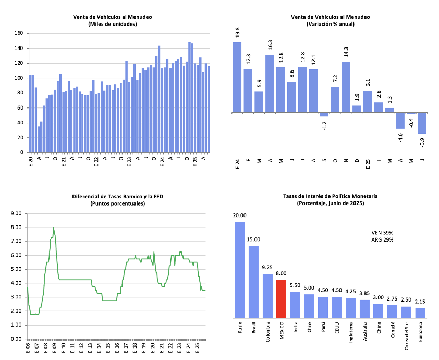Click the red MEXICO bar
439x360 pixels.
click(281, 299)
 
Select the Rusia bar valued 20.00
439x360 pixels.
click(240, 270)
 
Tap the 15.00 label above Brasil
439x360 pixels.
click(253, 240)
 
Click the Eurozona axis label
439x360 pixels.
click(421, 332)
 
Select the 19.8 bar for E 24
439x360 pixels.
click(237, 77)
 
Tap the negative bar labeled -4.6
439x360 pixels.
click(400, 121)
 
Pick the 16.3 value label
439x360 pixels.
click(270, 46)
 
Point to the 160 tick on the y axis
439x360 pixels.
click(18, 33)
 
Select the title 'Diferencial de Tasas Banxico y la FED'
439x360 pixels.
click(113, 197)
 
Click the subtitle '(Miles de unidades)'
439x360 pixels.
click(113, 24)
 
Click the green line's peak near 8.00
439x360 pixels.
click(53, 228)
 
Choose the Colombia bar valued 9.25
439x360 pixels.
click(267, 296)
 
